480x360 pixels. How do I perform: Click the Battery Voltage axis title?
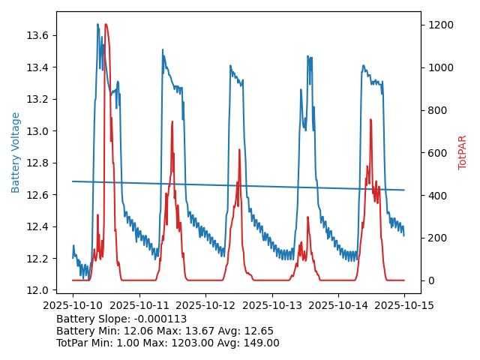[x=16, y=152]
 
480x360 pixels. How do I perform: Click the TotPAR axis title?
[x=463, y=152]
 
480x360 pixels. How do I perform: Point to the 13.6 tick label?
[x=37, y=35]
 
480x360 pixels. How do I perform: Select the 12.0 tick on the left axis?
[x=37, y=290]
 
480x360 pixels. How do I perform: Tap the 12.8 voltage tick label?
[x=37, y=163]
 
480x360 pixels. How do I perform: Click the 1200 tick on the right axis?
[x=440, y=25]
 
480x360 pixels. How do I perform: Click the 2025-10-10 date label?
[x=73, y=305]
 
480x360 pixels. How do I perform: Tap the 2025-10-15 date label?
[x=404, y=305]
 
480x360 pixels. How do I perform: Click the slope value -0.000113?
[x=159, y=319]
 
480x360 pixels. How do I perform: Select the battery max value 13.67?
[x=196, y=331]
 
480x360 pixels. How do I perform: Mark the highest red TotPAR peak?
[x=106, y=25]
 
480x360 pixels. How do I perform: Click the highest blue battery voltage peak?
[x=97, y=25]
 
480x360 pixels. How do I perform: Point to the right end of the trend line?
[x=404, y=190]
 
